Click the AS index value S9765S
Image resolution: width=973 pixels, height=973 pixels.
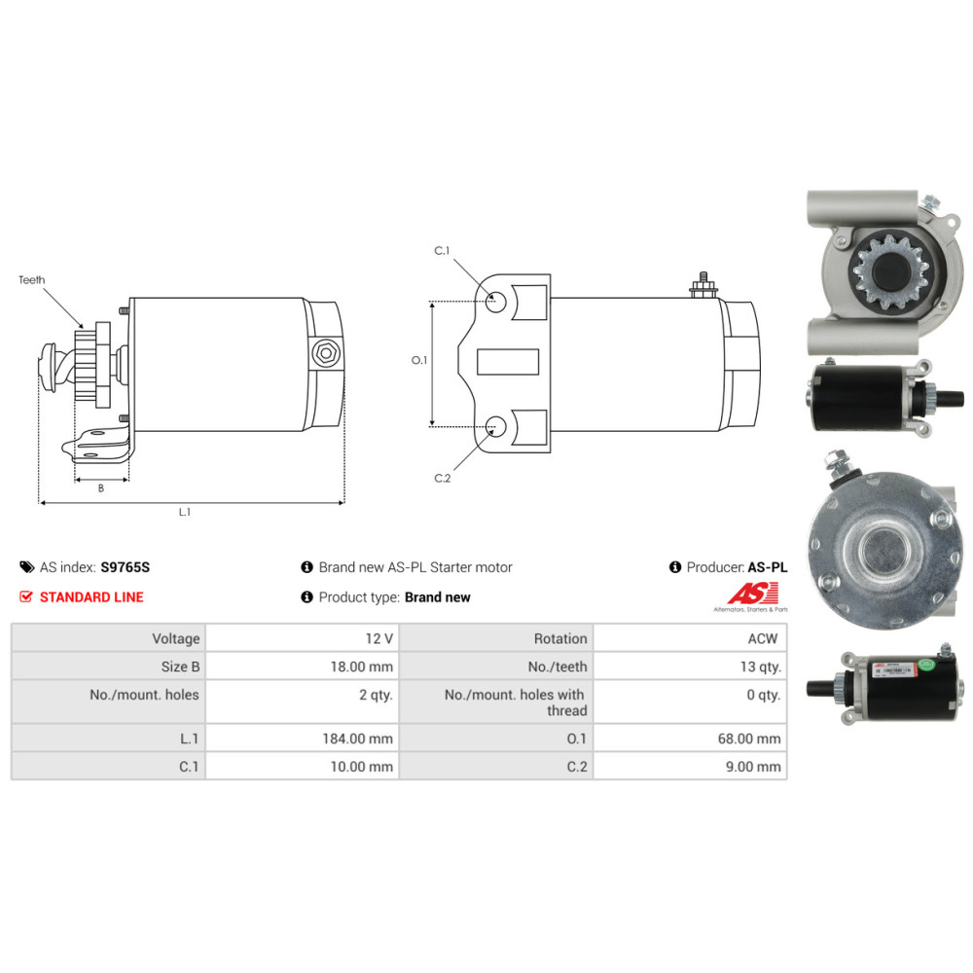coord(125,567)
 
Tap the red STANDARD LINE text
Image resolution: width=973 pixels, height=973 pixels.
coord(91,597)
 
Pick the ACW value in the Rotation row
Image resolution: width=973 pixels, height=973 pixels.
coord(763,638)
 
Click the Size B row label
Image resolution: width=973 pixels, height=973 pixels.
coord(180,667)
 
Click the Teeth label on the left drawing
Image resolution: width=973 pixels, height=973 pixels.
coord(32,280)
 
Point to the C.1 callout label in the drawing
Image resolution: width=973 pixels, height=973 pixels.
coord(442,251)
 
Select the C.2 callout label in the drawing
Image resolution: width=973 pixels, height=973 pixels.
coord(443,478)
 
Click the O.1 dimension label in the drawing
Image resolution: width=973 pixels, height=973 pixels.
coord(419,360)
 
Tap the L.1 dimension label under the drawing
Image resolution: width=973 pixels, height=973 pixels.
coord(185,512)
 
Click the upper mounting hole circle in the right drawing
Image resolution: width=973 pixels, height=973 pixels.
coord(495,303)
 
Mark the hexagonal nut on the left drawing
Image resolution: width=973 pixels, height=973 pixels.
coord(325,354)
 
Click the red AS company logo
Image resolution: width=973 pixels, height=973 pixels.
coord(753,594)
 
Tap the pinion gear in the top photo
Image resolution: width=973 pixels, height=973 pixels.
coord(890,272)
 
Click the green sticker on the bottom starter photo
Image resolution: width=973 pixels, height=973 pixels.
coord(926,664)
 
